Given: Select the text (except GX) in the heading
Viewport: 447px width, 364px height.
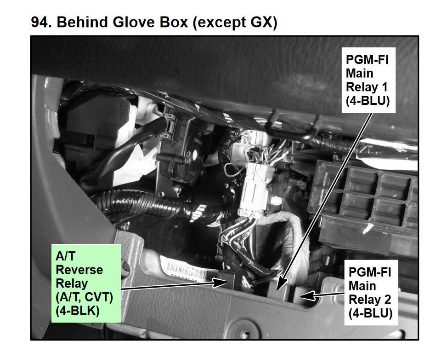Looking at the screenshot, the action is [235, 23].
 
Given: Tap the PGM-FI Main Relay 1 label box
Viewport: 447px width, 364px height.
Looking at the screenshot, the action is [368, 80].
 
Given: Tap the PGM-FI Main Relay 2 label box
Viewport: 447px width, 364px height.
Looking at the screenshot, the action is [371, 292].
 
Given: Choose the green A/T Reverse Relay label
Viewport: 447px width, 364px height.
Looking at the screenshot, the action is [86, 283].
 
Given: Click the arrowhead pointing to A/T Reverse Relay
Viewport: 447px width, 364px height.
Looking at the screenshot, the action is [220, 283].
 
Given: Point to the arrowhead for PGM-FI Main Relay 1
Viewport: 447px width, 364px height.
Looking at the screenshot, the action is [281, 284].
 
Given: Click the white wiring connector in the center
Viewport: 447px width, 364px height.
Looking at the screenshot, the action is [255, 189].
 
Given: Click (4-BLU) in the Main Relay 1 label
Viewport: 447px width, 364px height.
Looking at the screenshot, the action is [368, 101].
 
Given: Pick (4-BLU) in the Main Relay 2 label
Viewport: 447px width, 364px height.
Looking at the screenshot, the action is [370, 313].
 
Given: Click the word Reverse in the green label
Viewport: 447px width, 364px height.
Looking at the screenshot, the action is [79, 270].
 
